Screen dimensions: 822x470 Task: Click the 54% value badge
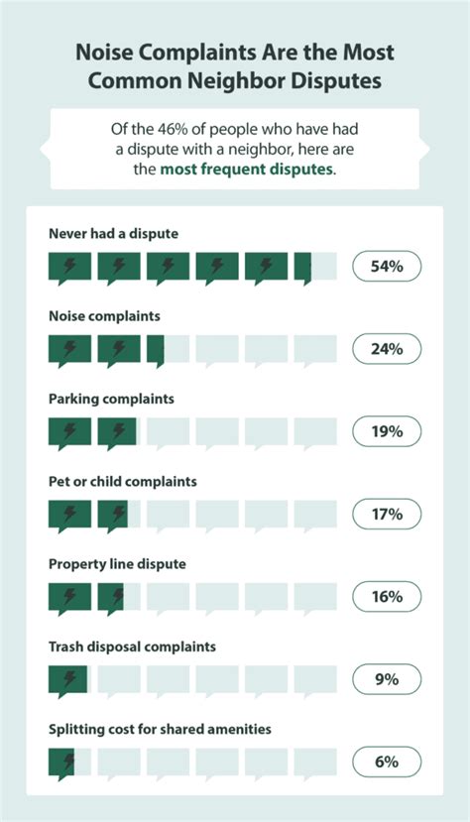388,267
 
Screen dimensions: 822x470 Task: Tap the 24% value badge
388,349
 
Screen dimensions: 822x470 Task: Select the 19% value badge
388,431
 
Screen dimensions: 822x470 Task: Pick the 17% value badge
388,514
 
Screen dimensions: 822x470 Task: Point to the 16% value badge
388,596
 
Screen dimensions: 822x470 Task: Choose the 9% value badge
388,679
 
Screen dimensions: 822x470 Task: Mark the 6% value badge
388,762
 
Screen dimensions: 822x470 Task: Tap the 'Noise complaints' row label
104,315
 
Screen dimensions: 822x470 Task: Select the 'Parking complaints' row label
111,399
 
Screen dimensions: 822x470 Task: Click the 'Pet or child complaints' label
122,481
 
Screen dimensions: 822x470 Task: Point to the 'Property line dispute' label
117,563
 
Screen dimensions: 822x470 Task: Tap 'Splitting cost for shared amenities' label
160,729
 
